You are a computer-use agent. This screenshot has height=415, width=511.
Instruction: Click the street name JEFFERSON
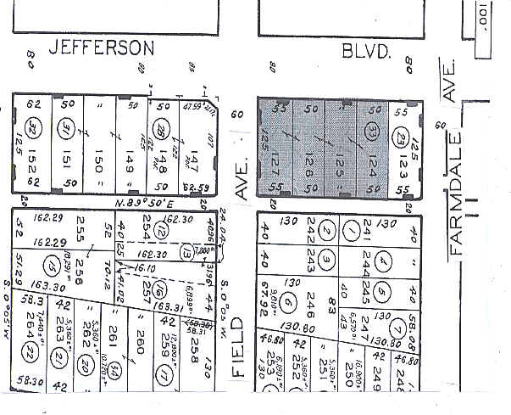pyautogui.click(x=101, y=48)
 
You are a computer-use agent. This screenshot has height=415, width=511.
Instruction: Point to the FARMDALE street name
pyautogui.click(x=458, y=193)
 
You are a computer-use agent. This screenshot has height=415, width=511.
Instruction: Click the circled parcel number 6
pyautogui.click(x=288, y=301)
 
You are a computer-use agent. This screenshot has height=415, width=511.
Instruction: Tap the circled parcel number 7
pyautogui.click(x=395, y=328)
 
